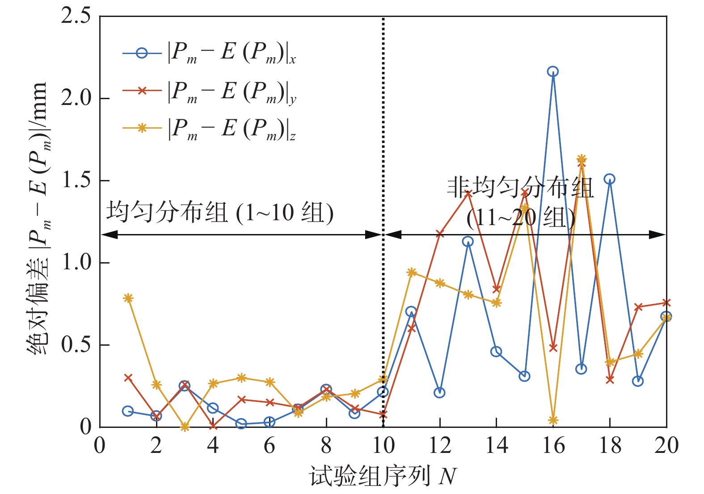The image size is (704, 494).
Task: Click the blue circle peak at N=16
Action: tap(553, 71)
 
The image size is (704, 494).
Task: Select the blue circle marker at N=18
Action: tap(609, 179)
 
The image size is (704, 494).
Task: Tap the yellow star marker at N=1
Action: tap(128, 298)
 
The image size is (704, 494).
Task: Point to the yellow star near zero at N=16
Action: tap(553, 420)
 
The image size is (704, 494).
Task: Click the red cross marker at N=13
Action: tap(468, 193)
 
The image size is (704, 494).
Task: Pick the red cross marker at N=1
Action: tap(128, 377)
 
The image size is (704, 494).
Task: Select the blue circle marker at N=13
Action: tap(468, 242)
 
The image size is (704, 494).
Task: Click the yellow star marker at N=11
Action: tap(411, 272)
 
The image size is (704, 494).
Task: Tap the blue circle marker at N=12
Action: tap(439, 393)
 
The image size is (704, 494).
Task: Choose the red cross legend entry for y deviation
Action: tap(142, 91)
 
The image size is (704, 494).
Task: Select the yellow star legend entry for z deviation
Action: tap(142, 128)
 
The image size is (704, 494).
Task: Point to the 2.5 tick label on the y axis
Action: tap(76, 16)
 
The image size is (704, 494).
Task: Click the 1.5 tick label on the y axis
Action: tap(76, 180)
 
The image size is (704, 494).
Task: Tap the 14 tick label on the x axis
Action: tap(496, 445)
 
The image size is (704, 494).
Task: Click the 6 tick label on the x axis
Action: tap(270, 445)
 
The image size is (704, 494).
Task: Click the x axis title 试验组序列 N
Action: tap(383, 476)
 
